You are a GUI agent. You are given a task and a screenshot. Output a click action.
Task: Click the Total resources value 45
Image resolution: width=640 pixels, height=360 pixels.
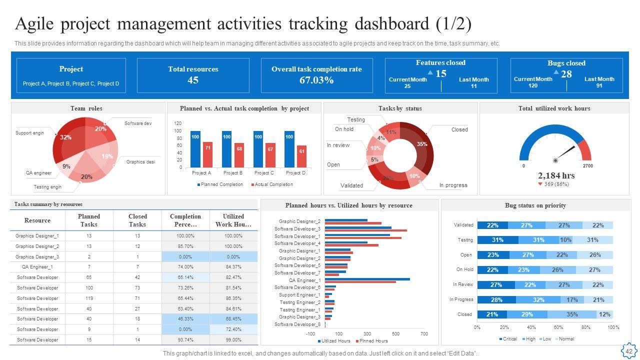pyautogui.click(x=193, y=80)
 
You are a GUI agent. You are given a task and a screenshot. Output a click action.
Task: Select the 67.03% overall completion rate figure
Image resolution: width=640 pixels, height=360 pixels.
pyautogui.click(x=316, y=80)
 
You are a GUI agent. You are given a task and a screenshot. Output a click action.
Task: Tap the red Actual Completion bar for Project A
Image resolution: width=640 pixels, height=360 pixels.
pyautogui.click(x=208, y=154)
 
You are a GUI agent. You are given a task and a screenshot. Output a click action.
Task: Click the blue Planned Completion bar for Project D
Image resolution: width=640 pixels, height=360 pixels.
pyautogui.click(x=289, y=149)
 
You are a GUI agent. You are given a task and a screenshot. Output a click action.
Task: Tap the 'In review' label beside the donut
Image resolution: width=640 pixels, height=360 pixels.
pyautogui.click(x=338, y=145)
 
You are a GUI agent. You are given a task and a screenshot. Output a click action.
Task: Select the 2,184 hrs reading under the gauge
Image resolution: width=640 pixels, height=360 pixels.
pyautogui.click(x=556, y=175)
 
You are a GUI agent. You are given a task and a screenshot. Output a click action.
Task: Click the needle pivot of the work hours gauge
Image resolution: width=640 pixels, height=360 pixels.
pyautogui.click(x=555, y=160)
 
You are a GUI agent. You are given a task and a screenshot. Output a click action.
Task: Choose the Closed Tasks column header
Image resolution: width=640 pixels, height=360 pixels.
pyautogui.click(x=137, y=220)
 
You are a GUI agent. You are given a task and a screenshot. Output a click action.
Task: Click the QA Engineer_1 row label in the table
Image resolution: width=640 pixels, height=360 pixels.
pyautogui.click(x=37, y=267)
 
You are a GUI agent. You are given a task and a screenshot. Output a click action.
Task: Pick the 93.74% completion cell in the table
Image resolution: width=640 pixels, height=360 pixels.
pyautogui.click(x=185, y=340)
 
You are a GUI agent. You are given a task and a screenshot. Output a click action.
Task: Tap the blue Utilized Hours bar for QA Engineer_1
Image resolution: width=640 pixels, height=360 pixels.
pyautogui.click(x=367, y=279)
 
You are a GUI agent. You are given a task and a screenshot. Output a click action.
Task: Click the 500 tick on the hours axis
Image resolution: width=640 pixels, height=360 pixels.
pyautogui.click(x=396, y=333)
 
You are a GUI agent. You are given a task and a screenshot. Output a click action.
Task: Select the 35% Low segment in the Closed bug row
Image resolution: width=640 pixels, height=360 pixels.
pyautogui.click(x=571, y=314)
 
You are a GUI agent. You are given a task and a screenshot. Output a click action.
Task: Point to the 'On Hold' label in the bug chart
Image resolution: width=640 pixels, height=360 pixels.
pyautogui.click(x=464, y=269)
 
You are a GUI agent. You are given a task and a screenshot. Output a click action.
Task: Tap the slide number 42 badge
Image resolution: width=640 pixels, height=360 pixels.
pyautogui.click(x=628, y=351)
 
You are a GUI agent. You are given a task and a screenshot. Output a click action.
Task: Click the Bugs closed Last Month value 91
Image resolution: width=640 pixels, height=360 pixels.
pyautogui.click(x=599, y=85)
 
